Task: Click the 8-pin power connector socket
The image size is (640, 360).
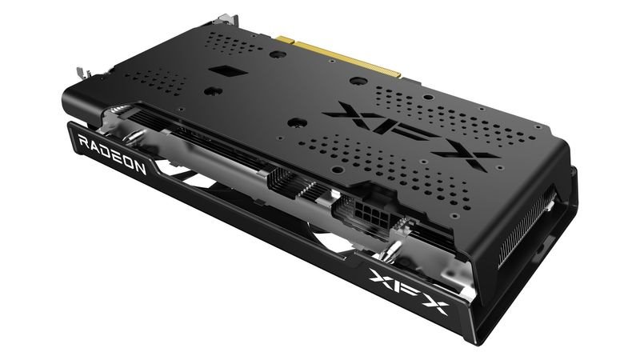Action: [359, 214]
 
